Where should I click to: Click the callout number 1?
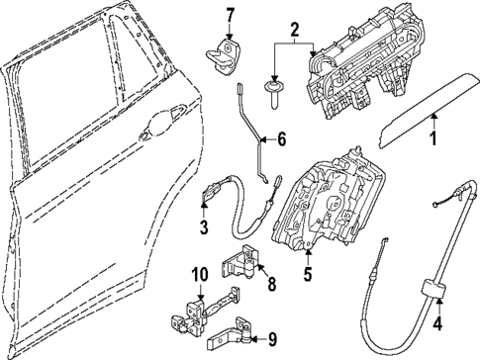coord(433,138)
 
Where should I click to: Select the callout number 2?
coord(294,30)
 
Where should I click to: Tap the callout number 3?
coord(204,227)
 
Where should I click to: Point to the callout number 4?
coord(437,323)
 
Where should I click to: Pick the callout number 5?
coord(308,274)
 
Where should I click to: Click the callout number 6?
coord(281,139)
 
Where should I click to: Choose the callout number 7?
coord(230,15)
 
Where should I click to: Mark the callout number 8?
coord(271,284)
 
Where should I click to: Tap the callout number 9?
coord(271,340)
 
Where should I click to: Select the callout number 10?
coord(200,275)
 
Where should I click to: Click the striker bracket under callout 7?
coord(224,56)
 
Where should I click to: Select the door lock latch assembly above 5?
coord(329,201)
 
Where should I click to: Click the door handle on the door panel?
coord(162,124)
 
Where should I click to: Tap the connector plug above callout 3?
coord(213,191)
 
